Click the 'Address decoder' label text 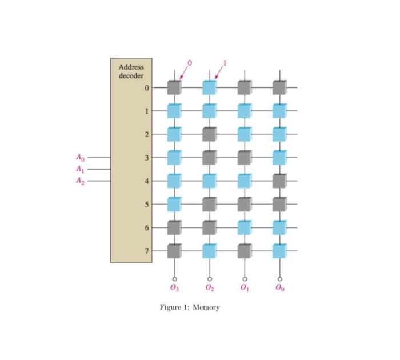(x=131, y=71)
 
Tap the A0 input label (x=80, y=157)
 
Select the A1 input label (x=80, y=169)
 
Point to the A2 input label (x=80, y=181)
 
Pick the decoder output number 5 (x=146, y=204)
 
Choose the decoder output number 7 (x=146, y=251)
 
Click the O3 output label (x=174, y=288)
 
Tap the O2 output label (x=209, y=288)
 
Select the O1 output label (x=244, y=288)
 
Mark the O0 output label (x=279, y=288)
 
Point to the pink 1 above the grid (x=225, y=62)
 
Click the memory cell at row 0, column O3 (x=174, y=87)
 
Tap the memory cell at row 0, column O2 (x=209, y=87)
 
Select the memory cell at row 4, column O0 (x=279, y=181)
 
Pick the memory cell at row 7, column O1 (x=244, y=251)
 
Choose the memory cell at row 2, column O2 (x=209, y=134)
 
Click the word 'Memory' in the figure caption (x=206, y=307)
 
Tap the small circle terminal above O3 (x=174, y=278)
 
